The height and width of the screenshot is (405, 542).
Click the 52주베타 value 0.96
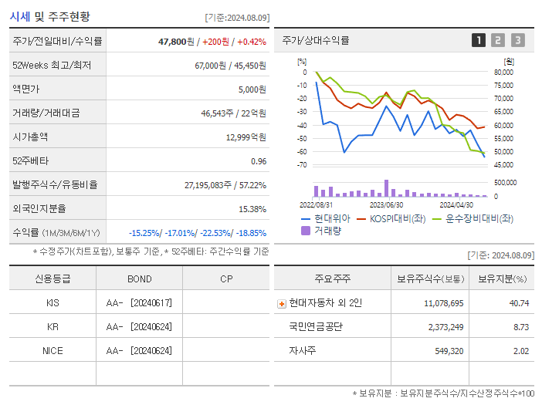tap(258, 160)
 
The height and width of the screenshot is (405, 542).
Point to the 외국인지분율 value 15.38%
tap(252, 208)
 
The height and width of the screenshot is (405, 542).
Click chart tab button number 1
tap(479, 41)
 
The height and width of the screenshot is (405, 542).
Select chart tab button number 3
tap(517, 41)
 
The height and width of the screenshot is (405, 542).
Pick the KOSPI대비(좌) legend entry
tap(398, 218)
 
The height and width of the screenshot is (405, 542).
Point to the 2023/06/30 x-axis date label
tap(386, 205)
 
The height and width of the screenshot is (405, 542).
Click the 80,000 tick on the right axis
tap(503, 72)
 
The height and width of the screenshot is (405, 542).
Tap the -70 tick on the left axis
tap(302, 165)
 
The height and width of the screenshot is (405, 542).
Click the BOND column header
tap(139, 278)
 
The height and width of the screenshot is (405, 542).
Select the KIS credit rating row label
tap(53, 303)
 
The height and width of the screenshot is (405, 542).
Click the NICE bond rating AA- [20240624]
tap(139, 350)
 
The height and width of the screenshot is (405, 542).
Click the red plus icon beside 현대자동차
tap(282, 303)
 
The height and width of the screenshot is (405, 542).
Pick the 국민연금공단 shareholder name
tap(316, 327)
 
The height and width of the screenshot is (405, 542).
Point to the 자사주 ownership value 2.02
tap(520, 351)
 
